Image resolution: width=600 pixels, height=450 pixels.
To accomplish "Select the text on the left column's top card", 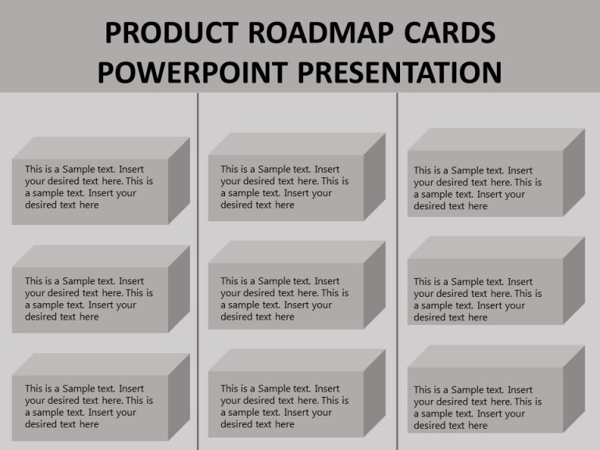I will point(89,187).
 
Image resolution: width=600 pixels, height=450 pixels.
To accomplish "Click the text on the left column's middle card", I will point(89,298).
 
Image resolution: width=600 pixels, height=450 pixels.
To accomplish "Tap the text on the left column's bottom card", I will point(89,406).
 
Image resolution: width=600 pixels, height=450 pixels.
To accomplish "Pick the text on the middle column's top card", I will point(284,187).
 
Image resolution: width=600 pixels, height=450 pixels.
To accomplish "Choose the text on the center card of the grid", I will point(284,298).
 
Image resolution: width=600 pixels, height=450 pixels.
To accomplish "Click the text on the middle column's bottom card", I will point(284,406).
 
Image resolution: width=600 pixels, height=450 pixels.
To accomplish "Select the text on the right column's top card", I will point(478,188).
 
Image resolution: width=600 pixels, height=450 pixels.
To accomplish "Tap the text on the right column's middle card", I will point(478,299).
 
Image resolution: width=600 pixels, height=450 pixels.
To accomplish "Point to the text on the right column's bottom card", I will point(478,407).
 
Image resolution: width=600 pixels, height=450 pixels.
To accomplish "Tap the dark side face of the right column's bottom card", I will point(574,388).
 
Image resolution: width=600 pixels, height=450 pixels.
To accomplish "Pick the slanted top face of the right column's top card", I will point(496,140).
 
